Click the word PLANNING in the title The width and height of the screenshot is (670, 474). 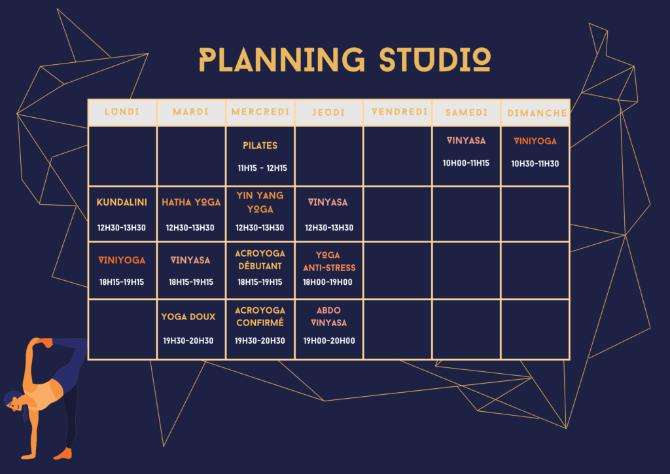click(281, 60)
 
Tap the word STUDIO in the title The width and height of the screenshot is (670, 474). click(435, 60)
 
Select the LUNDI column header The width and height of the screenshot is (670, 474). click(122, 112)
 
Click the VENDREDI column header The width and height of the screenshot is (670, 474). click(400, 112)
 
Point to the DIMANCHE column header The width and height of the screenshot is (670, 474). click(537, 113)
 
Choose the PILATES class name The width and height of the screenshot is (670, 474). click(260, 146)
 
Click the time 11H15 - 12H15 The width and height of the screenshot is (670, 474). click(262, 168)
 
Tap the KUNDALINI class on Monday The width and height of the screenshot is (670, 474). click(122, 202)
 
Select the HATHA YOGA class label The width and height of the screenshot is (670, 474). click(191, 202)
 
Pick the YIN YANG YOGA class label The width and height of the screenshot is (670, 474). click(260, 202)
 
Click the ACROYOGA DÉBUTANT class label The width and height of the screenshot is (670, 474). click(260, 260)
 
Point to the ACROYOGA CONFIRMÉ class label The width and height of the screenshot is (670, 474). click(260, 316)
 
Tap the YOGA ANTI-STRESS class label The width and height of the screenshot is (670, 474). click(329, 261)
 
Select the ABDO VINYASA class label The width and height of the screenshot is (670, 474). click(328, 316)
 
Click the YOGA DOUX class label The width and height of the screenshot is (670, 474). click(188, 317)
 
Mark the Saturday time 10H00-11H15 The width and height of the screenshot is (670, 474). click(466, 163)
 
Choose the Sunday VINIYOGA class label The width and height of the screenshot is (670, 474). click(535, 141)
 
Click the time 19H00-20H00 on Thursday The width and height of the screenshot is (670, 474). click(329, 340)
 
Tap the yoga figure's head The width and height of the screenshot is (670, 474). click(14, 401)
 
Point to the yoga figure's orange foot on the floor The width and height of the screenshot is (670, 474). click(63, 454)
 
